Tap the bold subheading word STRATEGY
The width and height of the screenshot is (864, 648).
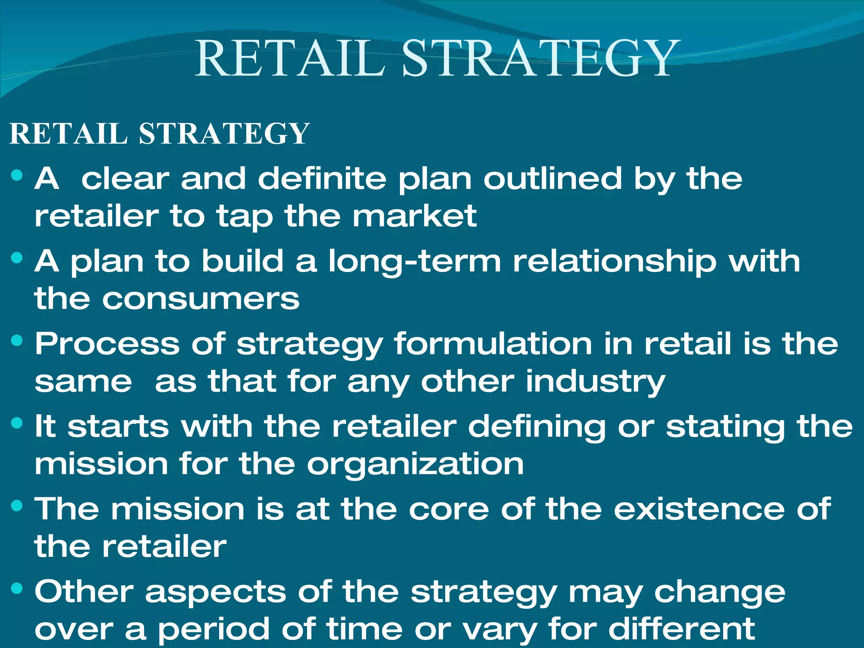[x=224, y=134]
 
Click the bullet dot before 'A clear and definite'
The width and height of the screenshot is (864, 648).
[x=17, y=175]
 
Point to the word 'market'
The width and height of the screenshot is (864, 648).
[x=414, y=216]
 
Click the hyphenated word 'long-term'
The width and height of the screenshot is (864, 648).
[x=415, y=262]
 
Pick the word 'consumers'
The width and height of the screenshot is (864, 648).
[x=201, y=299]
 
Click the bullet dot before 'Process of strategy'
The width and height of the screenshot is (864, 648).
[x=17, y=340]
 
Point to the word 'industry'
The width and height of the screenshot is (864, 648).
[x=595, y=382]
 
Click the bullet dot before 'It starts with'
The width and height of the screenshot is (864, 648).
[x=17, y=423]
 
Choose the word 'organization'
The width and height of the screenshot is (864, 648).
[x=415, y=464]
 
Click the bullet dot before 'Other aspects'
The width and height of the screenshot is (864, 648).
[x=17, y=589]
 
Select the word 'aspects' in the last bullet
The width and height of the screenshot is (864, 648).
[x=216, y=592]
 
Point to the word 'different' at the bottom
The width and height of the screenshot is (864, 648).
[x=681, y=629]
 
